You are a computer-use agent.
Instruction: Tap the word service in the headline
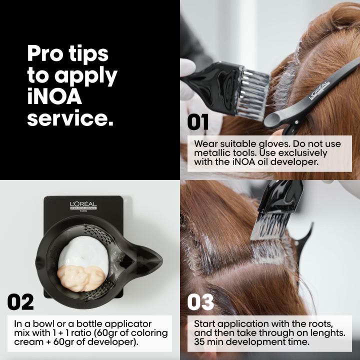pos(70,117)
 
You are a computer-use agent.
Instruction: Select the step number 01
pos(197,122)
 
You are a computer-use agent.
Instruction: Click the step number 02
pos(20,302)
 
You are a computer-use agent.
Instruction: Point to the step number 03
pos(200,302)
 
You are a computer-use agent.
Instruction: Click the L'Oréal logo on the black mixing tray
pos(83,206)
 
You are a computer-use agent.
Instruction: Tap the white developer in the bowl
pos(84,252)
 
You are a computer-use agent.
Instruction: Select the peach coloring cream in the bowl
pos(81,278)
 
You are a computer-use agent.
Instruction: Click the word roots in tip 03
pos(320,324)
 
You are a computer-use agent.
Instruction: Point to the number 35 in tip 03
pos(199,342)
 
